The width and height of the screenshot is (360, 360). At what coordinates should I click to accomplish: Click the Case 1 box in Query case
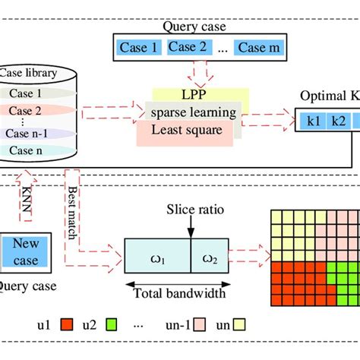pyautogui.click(x=138, y=49)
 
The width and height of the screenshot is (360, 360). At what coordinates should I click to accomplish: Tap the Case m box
pyautogui.click(x=261, y=49)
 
